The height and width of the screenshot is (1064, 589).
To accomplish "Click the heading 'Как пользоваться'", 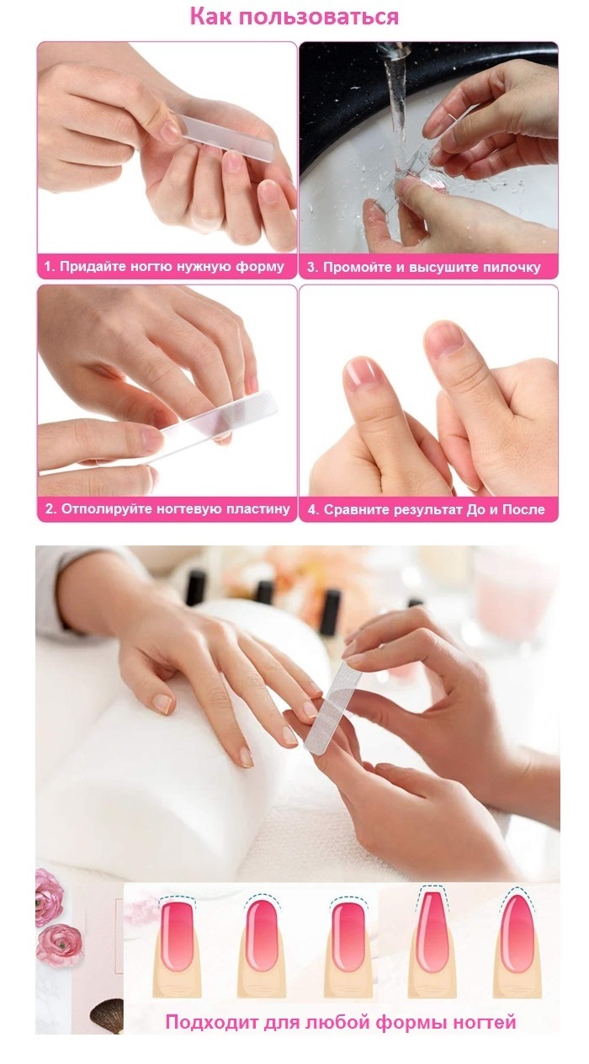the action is [x=294, y=17].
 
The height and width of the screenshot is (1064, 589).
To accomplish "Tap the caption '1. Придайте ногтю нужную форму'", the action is [x=164, y=267].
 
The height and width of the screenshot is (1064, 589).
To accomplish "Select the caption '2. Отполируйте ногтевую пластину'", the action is [x=167, y=509].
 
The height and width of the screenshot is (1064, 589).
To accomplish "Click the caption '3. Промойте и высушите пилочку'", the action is [x=424, y=267].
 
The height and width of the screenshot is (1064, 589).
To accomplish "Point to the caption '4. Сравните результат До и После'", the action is [x=427, y=509].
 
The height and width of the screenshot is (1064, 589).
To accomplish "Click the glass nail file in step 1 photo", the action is [x=223, y=136].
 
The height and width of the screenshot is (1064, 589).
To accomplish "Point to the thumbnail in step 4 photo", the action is [x=443, y=340].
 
